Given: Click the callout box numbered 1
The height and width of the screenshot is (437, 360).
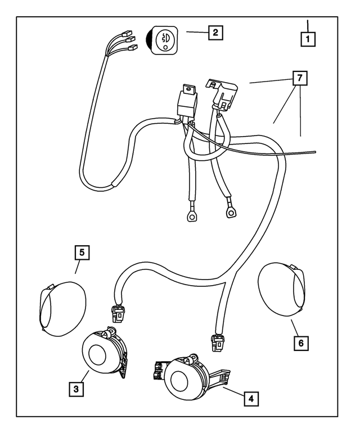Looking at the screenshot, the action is pos(308,39).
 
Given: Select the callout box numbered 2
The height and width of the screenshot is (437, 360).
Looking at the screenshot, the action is pos(215,32).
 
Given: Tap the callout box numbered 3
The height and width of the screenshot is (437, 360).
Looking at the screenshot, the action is pos(76,389).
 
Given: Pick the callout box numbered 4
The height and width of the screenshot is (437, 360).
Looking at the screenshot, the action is pos(251,399).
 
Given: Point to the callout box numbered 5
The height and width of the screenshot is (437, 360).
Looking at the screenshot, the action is pos(82,253).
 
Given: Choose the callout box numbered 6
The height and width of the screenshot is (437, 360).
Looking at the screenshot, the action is pos(301,343).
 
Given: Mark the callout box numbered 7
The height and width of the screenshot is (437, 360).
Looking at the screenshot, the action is pos(300,78).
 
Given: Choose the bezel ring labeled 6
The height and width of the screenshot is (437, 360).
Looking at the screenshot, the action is pos(282,289).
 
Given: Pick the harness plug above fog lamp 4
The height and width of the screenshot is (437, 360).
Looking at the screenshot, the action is pos(217,343).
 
